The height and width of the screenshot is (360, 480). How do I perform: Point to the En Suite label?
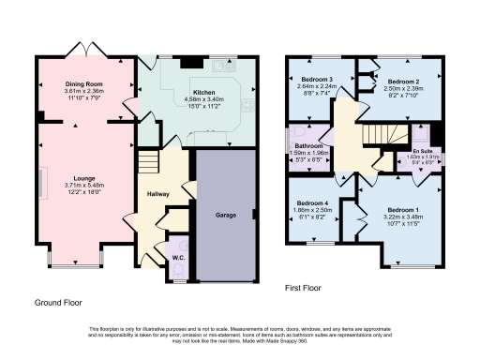[423, 150]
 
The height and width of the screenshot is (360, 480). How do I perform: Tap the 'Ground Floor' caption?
[58, 304]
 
